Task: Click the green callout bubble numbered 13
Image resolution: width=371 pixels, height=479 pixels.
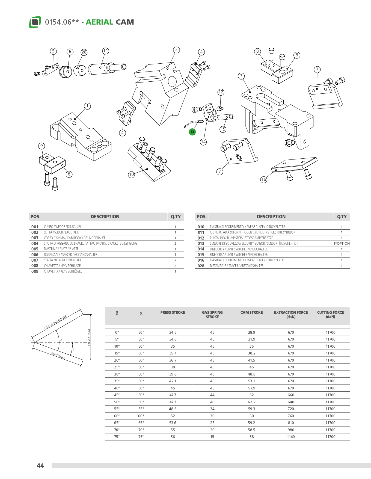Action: point(192,132)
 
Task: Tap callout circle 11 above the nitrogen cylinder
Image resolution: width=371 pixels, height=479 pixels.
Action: point(105,51)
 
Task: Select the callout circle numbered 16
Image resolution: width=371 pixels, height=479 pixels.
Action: point(263,179)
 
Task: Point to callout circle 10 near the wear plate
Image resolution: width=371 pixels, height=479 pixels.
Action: point(131,174)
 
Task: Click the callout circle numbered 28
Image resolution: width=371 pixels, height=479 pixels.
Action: point(84,52)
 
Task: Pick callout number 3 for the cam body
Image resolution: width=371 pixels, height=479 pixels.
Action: point(241,76)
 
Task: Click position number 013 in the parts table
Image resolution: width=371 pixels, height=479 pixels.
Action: point(201,244)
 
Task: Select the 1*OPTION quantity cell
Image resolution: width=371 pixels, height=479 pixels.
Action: point(341,244)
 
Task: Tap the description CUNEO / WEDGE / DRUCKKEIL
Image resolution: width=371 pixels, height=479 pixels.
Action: point(63,227)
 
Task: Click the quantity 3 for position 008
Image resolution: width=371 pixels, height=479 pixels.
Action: point(175,266)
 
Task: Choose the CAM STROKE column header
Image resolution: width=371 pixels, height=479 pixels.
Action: point(251,312)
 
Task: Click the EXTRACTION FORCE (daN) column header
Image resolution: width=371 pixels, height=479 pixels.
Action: point(291,315)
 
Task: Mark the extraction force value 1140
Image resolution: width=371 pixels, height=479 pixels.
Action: point(291,437)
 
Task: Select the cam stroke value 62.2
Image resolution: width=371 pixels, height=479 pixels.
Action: point(251,402)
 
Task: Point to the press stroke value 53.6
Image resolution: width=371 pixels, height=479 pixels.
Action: point(173,423)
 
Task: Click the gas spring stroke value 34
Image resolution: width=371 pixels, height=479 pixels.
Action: point(212,409)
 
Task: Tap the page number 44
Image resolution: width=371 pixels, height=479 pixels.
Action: point(40,466)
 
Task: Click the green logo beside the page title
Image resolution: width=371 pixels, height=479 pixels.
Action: point(35,22)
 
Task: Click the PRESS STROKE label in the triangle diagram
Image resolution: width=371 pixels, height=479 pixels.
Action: point(89,337)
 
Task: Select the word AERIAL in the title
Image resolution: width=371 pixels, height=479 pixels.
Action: point(99,22)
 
